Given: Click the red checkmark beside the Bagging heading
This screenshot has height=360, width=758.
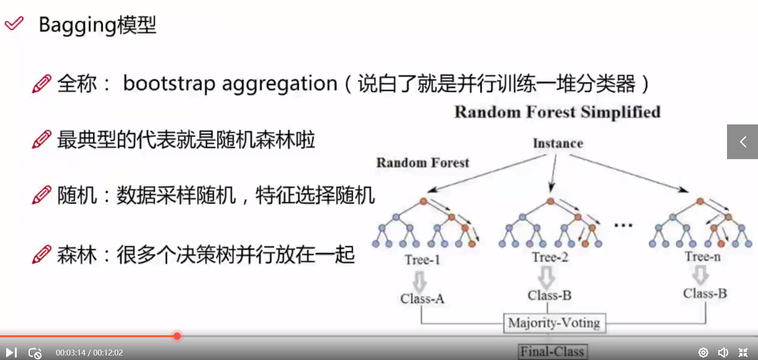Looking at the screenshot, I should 14,23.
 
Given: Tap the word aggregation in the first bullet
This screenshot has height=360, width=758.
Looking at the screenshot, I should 280,83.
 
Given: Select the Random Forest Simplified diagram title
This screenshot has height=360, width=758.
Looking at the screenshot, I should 557,112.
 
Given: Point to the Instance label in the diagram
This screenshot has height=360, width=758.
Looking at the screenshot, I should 558,143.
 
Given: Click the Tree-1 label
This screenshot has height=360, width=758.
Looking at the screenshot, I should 422,260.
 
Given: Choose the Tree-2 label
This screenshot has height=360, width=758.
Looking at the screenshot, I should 550,257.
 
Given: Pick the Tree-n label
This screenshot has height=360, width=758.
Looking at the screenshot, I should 703,257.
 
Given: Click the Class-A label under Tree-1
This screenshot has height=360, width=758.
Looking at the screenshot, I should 422,298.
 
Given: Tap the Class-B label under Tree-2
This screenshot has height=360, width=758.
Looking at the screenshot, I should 550,295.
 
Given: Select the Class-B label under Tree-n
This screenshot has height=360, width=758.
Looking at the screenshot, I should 705,293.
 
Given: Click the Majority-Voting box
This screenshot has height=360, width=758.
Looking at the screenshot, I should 554,323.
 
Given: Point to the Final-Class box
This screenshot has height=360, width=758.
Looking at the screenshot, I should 552,352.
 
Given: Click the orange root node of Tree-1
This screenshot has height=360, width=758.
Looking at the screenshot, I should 423,201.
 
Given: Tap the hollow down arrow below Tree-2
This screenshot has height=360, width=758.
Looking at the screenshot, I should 546,277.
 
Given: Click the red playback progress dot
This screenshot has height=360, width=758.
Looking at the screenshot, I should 177,336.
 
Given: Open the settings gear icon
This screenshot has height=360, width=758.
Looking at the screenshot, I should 703,353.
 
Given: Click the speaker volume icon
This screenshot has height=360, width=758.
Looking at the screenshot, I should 723,353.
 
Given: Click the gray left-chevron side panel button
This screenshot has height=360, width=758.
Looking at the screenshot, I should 742,142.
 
